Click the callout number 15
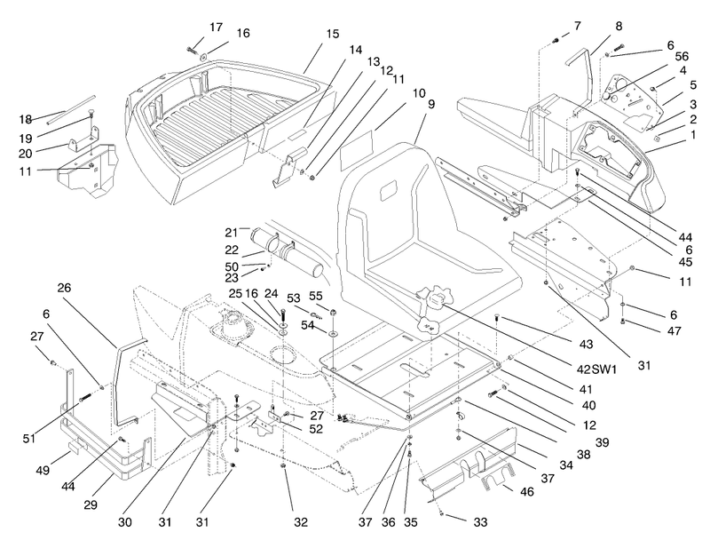click(x=332, y=35)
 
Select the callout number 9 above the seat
click(x=431, y=104)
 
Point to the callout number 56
click(x=682, y=56)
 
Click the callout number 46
click(x=527, y=491)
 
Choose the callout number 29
click(x=91, y=504)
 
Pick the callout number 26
click(x=64, y=288)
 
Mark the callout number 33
click(x=480, y=522)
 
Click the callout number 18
click(x=26, y=120)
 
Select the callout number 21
click(x=232, y=233)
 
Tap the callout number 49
click(x=43, y=471)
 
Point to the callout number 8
click(x=619, y=27)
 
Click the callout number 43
click(x=586, y=345)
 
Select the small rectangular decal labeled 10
click(x=356, y=147)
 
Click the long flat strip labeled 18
click(x=70, y=110)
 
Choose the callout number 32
click(x=301, y=522)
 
